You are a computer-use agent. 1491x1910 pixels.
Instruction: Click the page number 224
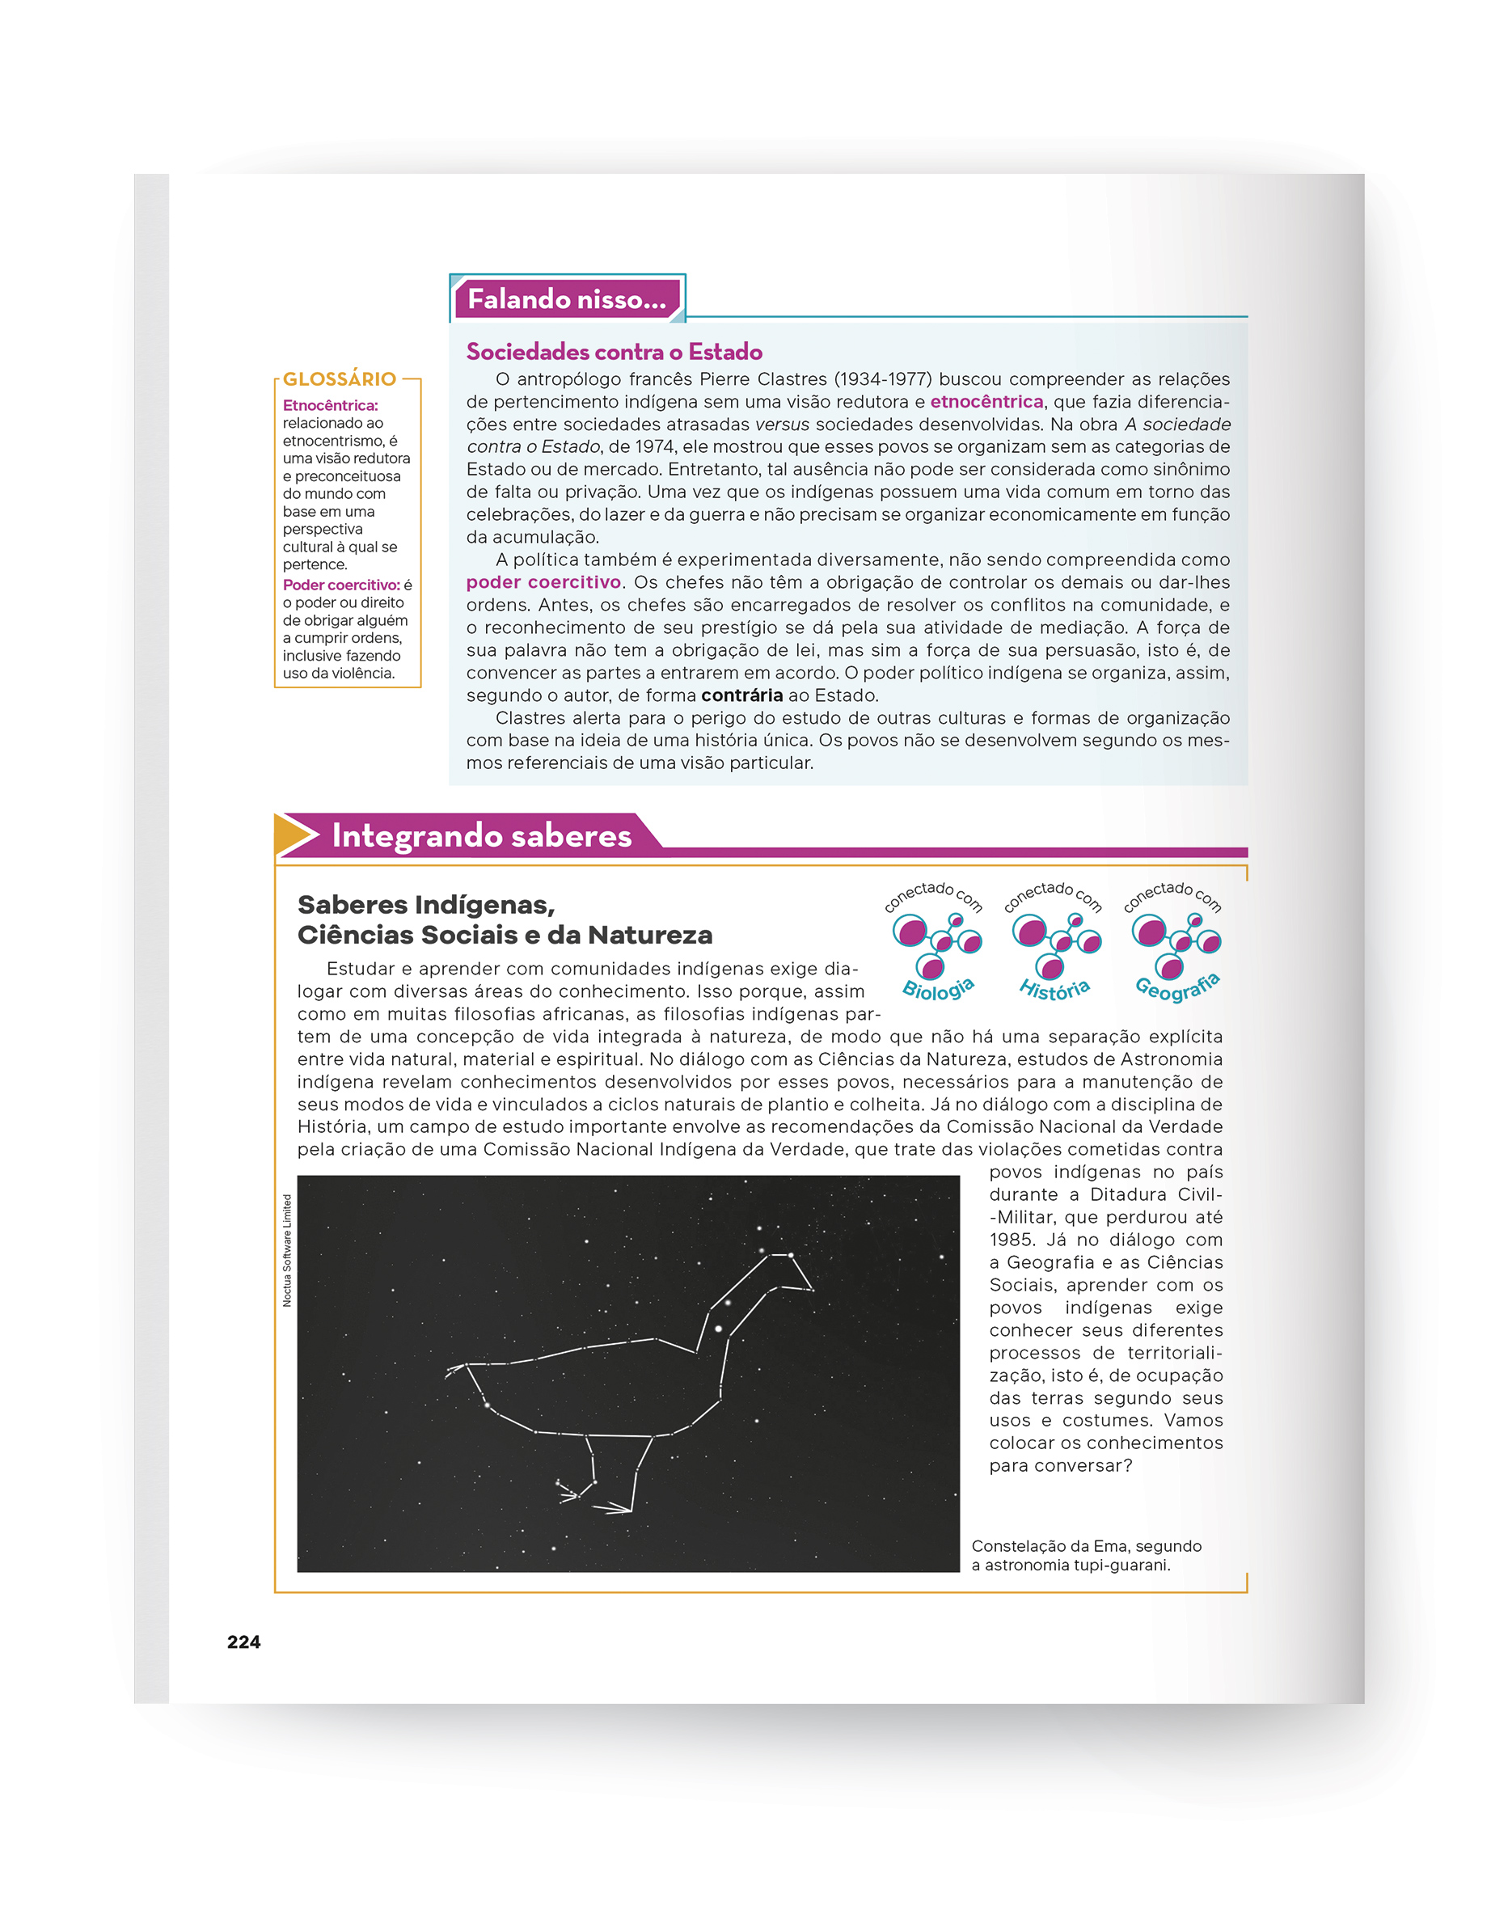point(243,1642)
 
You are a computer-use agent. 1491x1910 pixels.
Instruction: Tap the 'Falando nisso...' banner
point(566,299)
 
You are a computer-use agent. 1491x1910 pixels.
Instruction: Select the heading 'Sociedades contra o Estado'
point(614,352)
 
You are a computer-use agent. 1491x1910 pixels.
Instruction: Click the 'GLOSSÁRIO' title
point(340,378)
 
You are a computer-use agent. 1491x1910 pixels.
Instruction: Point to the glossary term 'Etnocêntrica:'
point(330,406)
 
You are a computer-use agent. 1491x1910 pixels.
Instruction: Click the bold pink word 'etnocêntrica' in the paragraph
point(986,401)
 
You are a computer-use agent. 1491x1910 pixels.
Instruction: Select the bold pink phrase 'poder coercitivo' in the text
point(543,582)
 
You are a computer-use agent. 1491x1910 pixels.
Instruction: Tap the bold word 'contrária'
point(741,695)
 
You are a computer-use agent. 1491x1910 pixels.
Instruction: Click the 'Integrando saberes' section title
point(481,836)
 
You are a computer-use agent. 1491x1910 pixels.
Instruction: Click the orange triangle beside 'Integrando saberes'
point(291,835)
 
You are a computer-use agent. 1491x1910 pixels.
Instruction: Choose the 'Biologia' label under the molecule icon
point(937,989)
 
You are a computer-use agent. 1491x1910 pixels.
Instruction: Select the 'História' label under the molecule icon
point(1054,989)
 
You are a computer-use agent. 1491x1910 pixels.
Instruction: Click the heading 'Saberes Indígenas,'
point(426,904)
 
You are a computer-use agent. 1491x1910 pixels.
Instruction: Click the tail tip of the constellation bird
point(450,1371)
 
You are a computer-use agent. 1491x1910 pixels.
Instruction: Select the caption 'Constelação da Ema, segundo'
point(1086,1546)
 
